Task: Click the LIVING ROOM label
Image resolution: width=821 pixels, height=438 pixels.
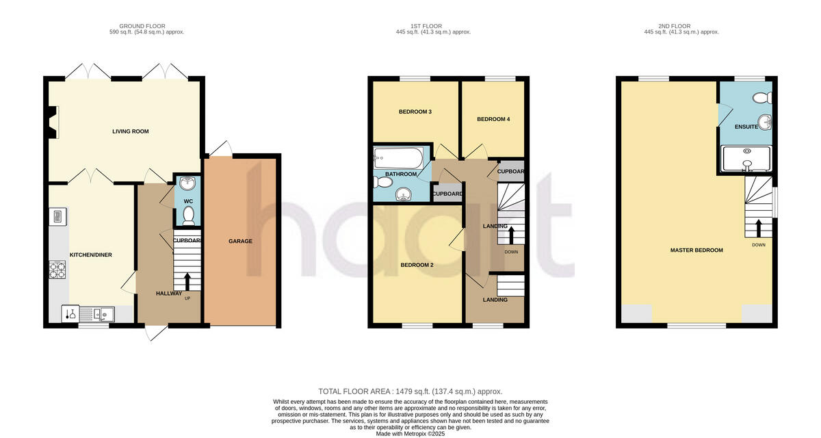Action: (131, 131)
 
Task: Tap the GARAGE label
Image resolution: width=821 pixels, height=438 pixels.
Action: (240, 241)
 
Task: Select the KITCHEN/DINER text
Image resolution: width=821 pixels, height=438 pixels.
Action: (90, 255)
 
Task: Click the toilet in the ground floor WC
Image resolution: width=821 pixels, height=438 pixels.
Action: (188, 215)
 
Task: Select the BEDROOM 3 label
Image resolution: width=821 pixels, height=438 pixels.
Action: (415, 112)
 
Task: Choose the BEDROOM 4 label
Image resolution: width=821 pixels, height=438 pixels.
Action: (493, 119)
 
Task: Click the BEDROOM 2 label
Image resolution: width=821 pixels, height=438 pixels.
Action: (417, 265)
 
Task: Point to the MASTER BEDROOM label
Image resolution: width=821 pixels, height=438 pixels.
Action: (696, 250)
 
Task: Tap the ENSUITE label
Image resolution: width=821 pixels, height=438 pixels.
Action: (746, 127)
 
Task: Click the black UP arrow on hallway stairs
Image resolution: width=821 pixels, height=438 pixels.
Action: (187, 281)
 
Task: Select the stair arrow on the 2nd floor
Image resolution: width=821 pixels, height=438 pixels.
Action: (758, 227)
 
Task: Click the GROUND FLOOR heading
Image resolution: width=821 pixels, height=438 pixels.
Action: (146, 25)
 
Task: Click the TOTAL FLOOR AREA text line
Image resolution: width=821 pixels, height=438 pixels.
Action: (410, 391)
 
